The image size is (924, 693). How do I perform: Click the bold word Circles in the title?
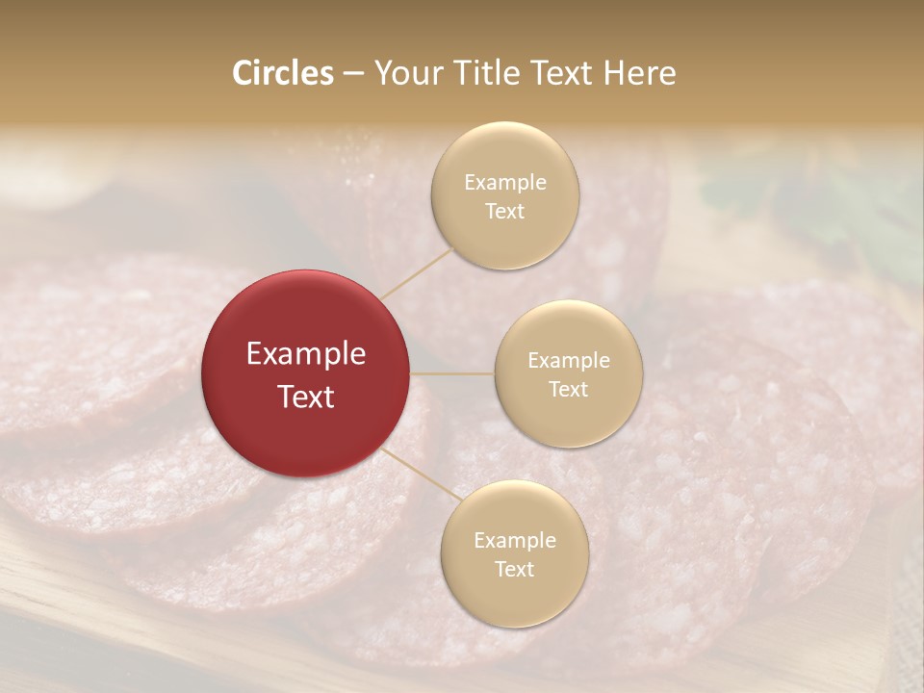tap(282, 73)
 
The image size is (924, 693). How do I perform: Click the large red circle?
tap(306, 373)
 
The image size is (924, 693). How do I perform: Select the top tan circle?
tap(504, 195)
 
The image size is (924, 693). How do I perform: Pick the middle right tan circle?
tap(568, 373)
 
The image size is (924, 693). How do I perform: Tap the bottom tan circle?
tap(514, 553)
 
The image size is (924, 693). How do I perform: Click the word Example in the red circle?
tap(306, 354)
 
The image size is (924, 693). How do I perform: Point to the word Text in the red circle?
tap(306, 397)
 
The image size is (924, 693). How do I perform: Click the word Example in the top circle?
tap(505, 183)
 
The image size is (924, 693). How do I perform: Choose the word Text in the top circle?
tap(504, 212)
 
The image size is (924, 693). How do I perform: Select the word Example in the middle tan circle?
tap(569, 361)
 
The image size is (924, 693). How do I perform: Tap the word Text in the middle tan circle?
tap(568, 390)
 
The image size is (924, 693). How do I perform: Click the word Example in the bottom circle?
tap(515, 541)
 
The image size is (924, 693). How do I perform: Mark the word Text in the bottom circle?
tap(514, 570)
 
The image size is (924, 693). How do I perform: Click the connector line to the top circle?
tap(417, 273)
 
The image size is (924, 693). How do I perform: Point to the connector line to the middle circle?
tap(452, 373)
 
